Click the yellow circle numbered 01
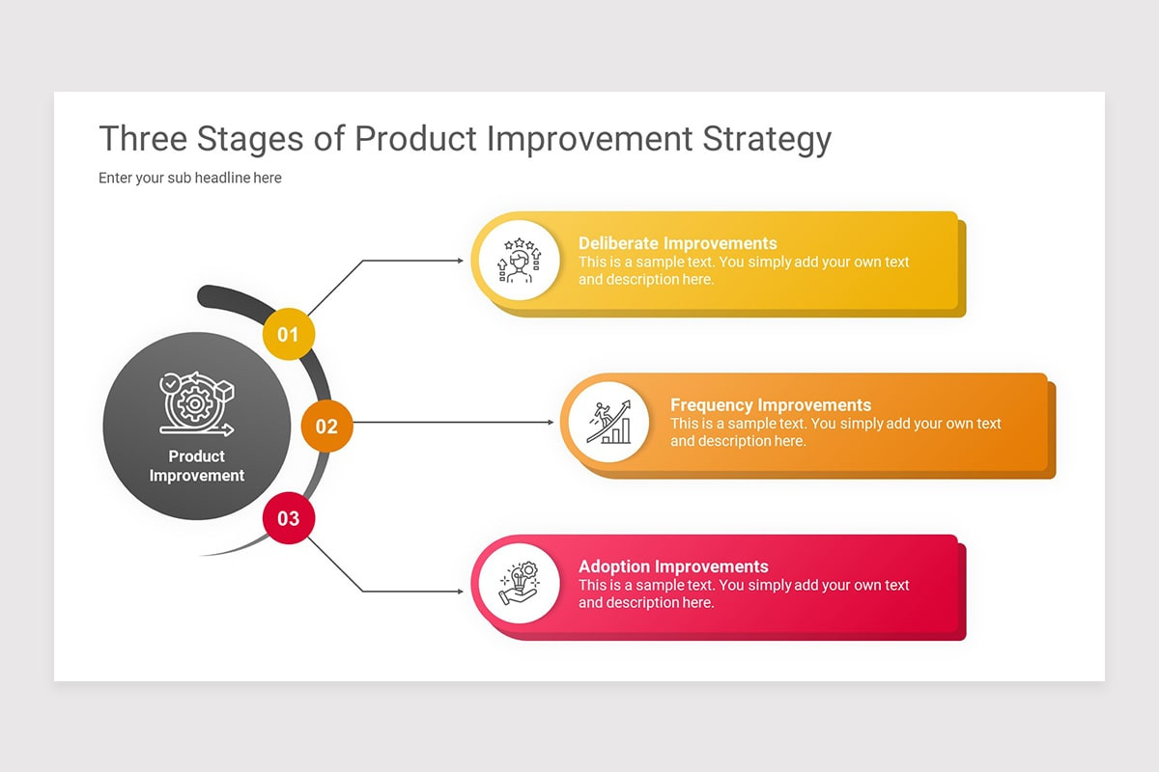point(288,335)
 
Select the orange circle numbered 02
point(326,427)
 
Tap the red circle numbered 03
point(288,518)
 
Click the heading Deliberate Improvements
point(677,243)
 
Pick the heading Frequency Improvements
point(770,405)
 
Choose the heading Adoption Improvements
point(673,566)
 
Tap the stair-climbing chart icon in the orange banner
point(608,423)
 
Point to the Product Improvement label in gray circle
point(197,466)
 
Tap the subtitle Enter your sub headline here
point(190,178)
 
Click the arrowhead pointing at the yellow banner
point(460,261)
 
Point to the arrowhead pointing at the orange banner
point(551,423)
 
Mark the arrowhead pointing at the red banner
point(460,592)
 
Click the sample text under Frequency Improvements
point(835,432)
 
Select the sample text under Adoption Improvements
point(744,593)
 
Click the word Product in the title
point(416,140)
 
